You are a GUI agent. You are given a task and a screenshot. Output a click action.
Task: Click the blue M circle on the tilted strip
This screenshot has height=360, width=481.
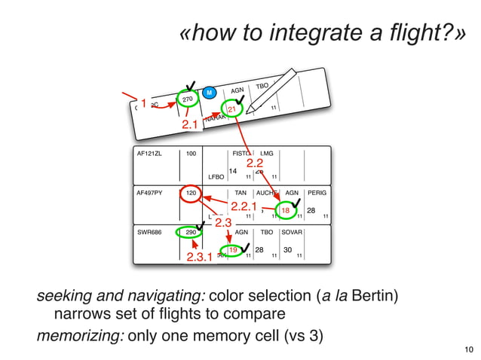click(210, 93)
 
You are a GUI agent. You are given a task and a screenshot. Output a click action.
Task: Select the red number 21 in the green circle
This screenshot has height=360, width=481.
click(233, 109)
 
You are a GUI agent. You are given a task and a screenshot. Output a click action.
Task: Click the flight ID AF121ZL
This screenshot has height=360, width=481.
click(149, 154)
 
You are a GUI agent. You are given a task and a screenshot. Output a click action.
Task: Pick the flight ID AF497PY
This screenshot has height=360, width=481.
click(150, 194)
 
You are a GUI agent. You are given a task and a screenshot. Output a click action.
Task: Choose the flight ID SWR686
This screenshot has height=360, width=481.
click(149, 233)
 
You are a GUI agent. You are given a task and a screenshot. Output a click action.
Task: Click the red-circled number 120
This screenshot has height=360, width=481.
click(191, 194)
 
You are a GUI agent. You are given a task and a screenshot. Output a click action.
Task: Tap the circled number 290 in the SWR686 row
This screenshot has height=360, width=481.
click(191, 233)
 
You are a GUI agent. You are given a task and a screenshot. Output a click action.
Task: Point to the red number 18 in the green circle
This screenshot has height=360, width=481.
click(286, 211)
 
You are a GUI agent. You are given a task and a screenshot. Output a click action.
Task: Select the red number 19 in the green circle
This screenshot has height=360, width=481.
click(233, 250)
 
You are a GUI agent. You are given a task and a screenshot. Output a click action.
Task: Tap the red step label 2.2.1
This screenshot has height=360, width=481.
click(244, 206)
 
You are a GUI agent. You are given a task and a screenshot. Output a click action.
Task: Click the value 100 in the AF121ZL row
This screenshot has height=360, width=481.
click(191, 154)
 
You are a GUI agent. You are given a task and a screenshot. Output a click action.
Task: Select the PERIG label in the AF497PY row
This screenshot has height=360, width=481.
click(317, 194)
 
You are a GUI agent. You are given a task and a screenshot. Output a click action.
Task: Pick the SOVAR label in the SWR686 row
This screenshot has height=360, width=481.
click(292, 233)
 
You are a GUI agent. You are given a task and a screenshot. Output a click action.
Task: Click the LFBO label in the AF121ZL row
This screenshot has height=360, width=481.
click(216, 178)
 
